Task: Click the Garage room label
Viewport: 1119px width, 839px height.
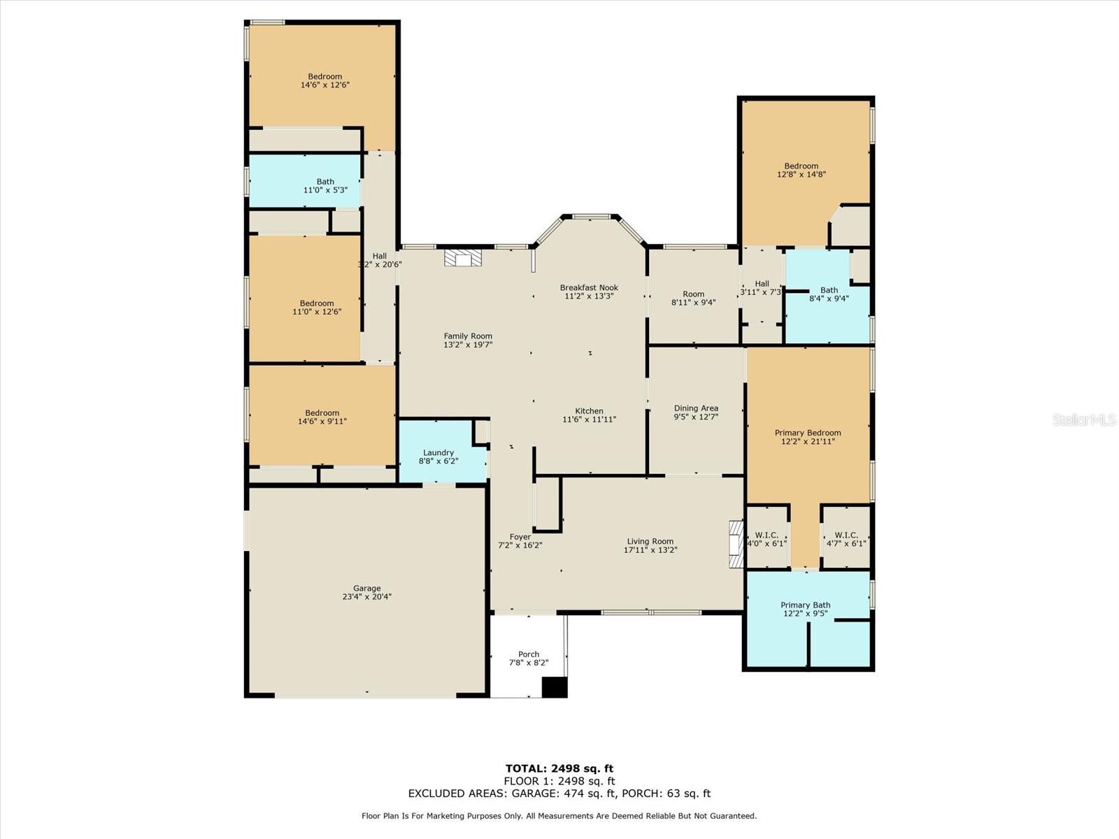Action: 366,588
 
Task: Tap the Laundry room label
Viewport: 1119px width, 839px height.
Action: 439,452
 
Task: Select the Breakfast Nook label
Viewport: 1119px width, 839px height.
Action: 589,287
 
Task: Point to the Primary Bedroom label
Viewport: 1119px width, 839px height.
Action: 808,433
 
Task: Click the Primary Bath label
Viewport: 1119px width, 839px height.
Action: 806,605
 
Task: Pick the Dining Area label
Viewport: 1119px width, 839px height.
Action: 696,408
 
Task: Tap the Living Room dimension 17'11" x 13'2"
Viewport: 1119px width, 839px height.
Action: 650,550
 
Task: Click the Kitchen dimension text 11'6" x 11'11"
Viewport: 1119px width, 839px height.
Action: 589,419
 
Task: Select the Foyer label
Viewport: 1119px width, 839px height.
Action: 520,536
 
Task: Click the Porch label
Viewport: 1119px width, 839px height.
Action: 529,654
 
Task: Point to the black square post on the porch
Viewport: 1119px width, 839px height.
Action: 554,687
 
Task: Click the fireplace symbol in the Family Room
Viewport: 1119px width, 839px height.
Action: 463,258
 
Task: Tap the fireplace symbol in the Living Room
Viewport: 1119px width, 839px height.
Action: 736,544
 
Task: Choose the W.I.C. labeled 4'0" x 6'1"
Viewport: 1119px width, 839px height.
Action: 767,539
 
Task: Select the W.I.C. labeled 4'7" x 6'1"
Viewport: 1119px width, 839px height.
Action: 846,539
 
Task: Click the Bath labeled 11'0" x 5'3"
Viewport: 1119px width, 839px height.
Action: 325,185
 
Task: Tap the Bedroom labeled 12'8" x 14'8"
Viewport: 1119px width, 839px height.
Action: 801,170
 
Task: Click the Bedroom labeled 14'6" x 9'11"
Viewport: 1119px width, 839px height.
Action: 322,417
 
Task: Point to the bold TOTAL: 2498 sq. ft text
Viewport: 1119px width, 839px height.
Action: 559,768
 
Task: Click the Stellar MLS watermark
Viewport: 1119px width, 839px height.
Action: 1084,419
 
